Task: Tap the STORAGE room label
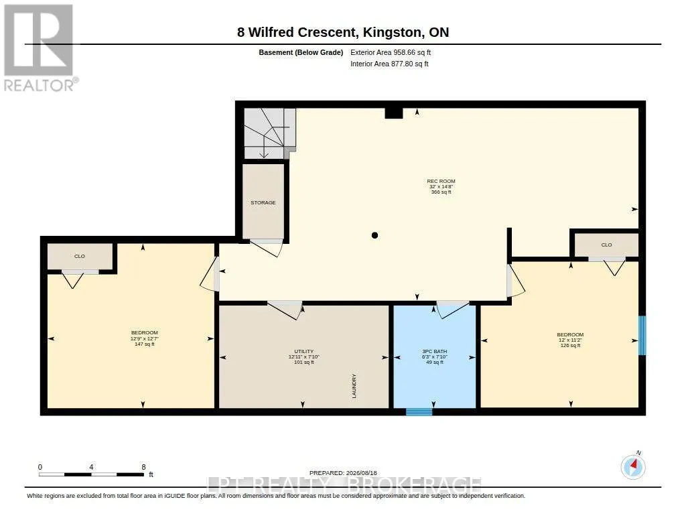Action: [263, 202]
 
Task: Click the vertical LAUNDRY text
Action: [354, 386]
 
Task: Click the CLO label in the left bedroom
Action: [80, 257]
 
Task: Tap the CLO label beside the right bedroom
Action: [606, 245]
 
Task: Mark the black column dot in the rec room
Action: [374, 235]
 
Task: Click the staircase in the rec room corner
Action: [270, 133]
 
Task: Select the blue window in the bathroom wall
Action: [419, 412]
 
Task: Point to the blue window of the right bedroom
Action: [642, 336]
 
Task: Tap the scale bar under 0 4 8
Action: [91, 474]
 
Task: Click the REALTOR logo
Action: [40, 48]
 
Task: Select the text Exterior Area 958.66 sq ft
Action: [391, 52]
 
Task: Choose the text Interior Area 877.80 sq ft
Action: [389, 64]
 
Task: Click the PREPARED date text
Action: [343, 473]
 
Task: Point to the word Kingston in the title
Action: [393, 33]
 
